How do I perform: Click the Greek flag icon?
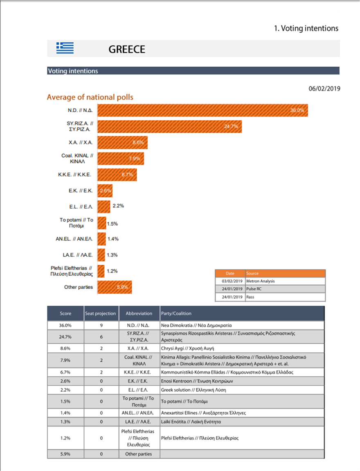coord(65,48)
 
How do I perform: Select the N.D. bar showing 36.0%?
coord(202,110)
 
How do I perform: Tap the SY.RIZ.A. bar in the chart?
coord(169,126)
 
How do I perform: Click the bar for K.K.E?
coord(117,175)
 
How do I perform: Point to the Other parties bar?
coord(115,287)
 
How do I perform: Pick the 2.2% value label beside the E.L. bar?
coord(118,206)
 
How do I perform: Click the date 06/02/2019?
coord(324,88)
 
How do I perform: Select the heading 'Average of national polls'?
coord(90,97)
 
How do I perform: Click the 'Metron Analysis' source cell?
coord(261,281)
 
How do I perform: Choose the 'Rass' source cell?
coord(250,297)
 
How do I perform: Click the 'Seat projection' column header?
coord(101,313)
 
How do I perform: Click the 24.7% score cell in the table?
coord(65,337)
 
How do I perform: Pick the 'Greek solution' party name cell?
coord(193,390)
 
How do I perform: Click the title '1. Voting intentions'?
coord(306,28)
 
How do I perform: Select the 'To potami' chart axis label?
coord(76,223)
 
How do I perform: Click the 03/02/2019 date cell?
coord(232,281)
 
